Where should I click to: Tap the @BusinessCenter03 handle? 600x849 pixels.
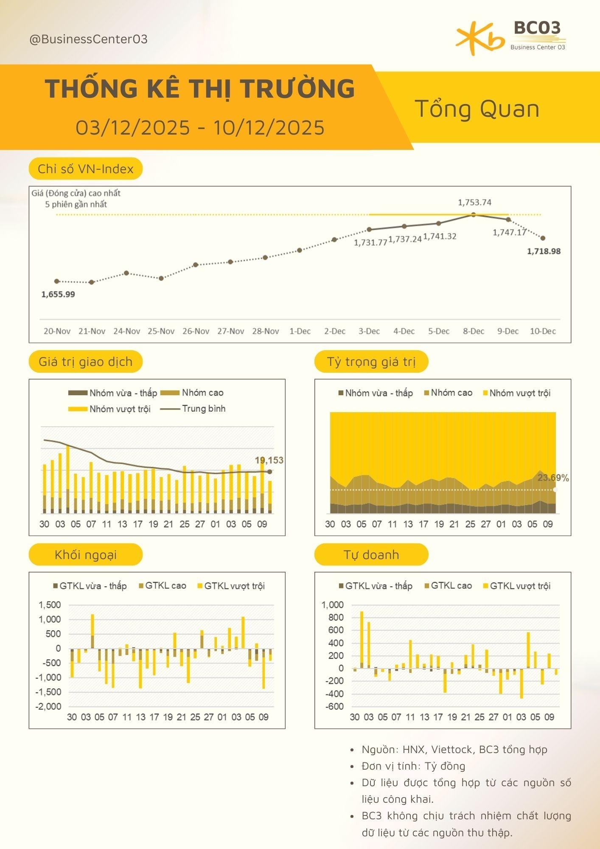(88, 39)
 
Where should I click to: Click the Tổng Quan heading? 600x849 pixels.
(477, 109)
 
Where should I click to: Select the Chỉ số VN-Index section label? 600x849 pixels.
(85, 169)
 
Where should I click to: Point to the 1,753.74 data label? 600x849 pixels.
(474, 202)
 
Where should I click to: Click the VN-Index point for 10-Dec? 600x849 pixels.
(543, 238)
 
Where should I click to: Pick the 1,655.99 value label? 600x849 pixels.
(58, 294)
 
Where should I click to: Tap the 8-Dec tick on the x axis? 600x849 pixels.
(474, 331)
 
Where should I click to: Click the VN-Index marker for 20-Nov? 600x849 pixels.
(57, 281)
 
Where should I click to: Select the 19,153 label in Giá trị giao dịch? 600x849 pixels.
(269, 460)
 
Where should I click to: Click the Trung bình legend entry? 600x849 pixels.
(203, 408)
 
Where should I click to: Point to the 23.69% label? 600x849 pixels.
(553, 478)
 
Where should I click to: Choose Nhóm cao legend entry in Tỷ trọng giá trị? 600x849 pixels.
(451, 393)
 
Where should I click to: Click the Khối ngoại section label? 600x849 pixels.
(85, 554)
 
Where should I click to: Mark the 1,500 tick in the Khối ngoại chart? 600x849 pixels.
(50, 604)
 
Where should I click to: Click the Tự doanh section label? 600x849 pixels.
(371, 554)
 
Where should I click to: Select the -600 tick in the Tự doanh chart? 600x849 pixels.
(334, 706)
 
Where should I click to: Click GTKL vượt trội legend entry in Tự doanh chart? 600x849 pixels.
(520, 586)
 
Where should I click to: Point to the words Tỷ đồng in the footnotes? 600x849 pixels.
(445, 766)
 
